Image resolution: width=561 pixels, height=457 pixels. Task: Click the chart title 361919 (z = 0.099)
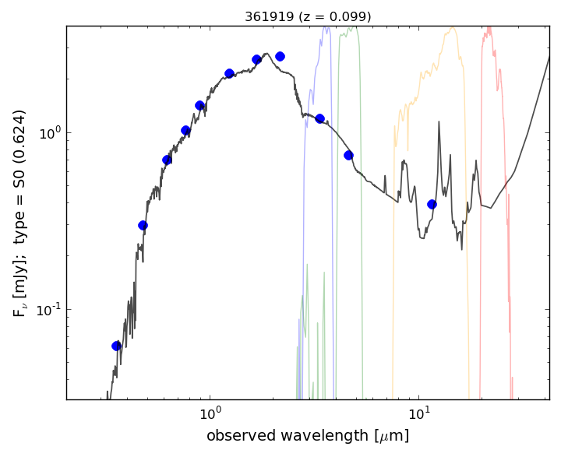(x=308, y=16)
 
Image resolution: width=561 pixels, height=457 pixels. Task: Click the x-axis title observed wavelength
(x=308, y=435)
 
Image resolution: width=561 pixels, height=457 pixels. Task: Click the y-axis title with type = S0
(x=20, y=213)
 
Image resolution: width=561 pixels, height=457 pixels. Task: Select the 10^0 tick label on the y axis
(x=49, y=132)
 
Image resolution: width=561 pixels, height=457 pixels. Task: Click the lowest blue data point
(x=116, y=346)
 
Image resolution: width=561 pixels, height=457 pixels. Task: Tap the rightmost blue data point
(x=432, y=204)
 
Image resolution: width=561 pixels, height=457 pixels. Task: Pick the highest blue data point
(x=280, y=56)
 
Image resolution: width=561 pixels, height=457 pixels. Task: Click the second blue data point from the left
(x=143, y=225)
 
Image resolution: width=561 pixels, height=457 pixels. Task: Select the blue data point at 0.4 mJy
(x=432, y=204)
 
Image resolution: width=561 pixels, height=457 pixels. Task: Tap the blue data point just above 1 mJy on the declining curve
(x=319, y=118)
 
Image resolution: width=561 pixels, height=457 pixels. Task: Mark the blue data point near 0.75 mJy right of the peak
(x=348, y=155)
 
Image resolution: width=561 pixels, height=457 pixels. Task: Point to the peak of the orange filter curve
(x=452, y=29)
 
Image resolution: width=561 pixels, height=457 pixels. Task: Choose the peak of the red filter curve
(x=489, y=28)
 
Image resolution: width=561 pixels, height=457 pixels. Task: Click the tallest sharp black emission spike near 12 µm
(x=439, y=121)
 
